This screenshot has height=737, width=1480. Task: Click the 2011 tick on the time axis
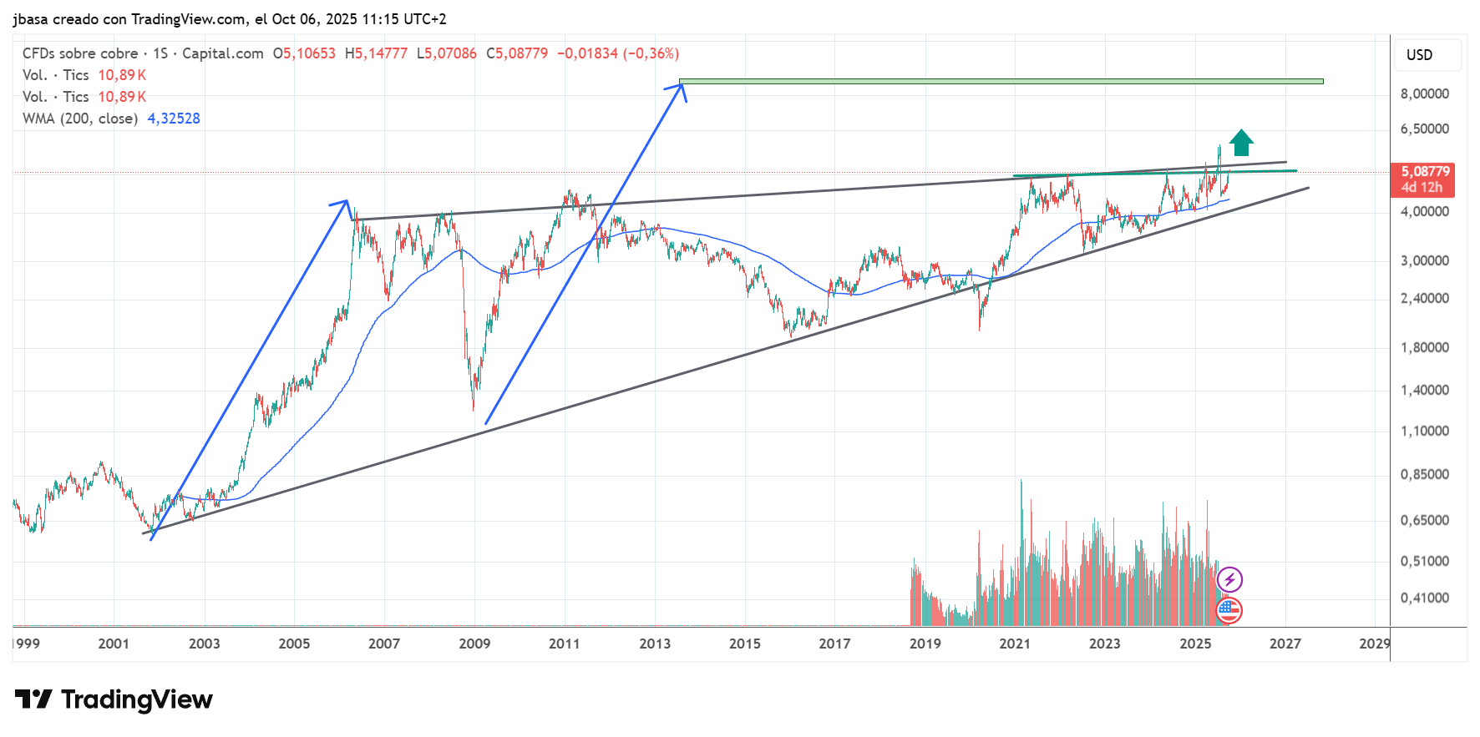coord(564,644)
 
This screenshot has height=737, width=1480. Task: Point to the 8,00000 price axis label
coord(1424,93)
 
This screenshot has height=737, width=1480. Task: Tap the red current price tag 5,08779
coord(1425,172)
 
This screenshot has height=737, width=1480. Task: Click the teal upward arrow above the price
coord(1241,143)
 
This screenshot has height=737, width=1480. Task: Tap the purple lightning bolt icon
coord(1229,579)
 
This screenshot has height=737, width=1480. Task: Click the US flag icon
coord(1229,611)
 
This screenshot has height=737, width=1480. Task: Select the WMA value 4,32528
coord(174,119)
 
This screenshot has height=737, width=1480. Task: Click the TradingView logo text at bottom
coord(114,699)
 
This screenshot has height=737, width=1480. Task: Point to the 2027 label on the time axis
coord(1285,644)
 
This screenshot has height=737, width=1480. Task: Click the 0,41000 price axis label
coord(1424,598)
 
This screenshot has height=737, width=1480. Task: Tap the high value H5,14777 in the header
coord(376,53)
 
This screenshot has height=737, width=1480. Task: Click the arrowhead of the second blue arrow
coord(682,88)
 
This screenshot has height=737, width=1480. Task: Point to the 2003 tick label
coord(204,644)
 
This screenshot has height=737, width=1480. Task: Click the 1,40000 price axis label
coord(1424,390)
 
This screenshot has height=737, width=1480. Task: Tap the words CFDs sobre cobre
coord(80,53)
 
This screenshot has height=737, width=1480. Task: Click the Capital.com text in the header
coord(223,53)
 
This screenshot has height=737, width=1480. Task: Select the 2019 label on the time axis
coord(925,644)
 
